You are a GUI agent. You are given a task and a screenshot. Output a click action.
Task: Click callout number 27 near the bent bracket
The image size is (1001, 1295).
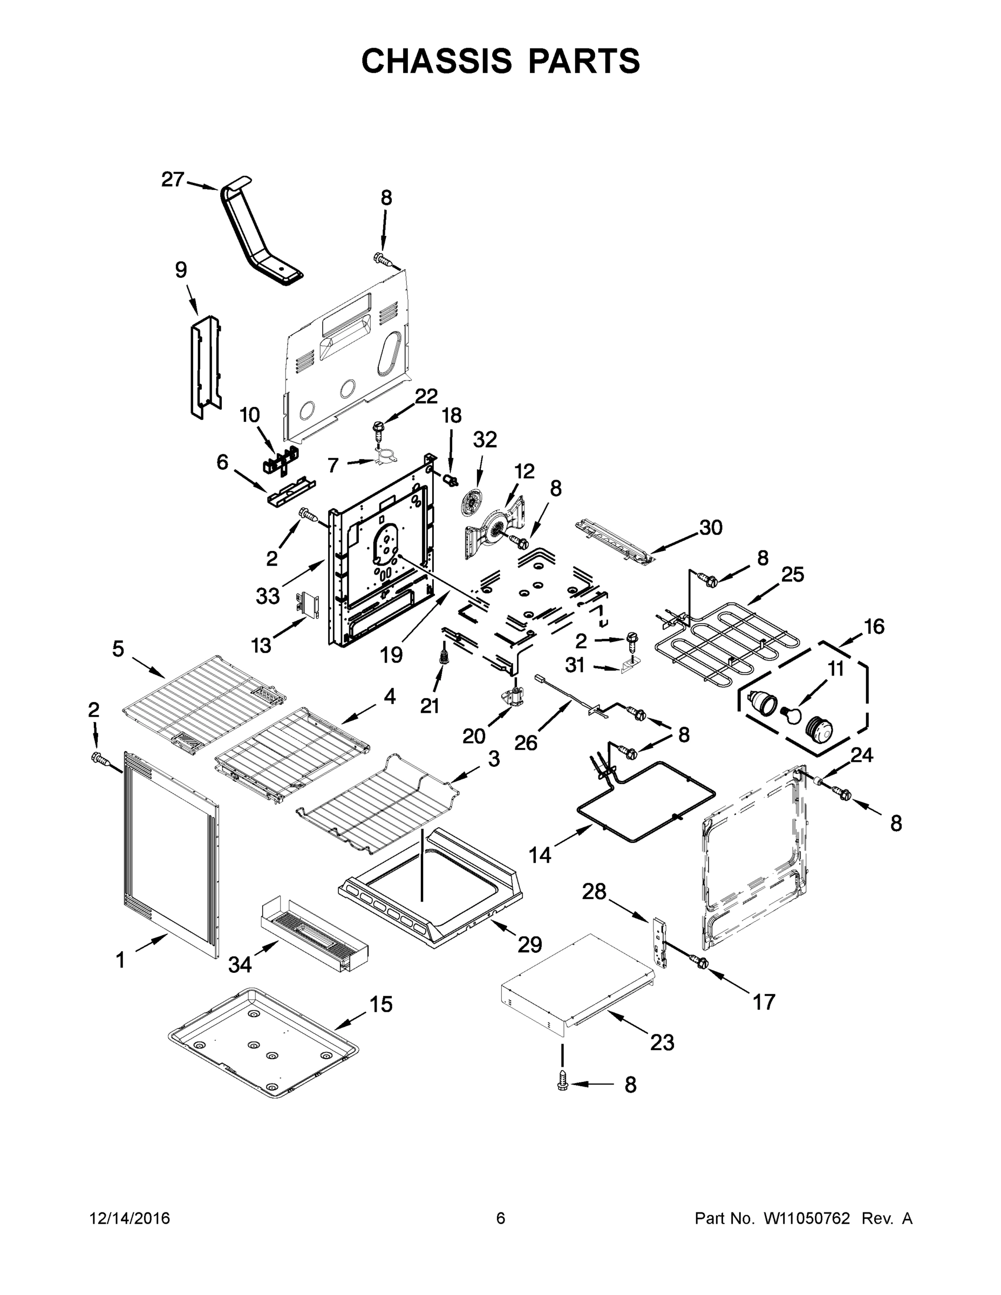point(173,180)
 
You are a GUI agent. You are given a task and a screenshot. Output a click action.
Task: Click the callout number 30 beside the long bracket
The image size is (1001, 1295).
point(711,527)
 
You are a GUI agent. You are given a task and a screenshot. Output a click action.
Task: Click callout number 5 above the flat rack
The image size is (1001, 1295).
point(119,649)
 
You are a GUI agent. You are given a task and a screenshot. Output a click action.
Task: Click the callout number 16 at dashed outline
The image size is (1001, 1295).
point(874,626)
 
